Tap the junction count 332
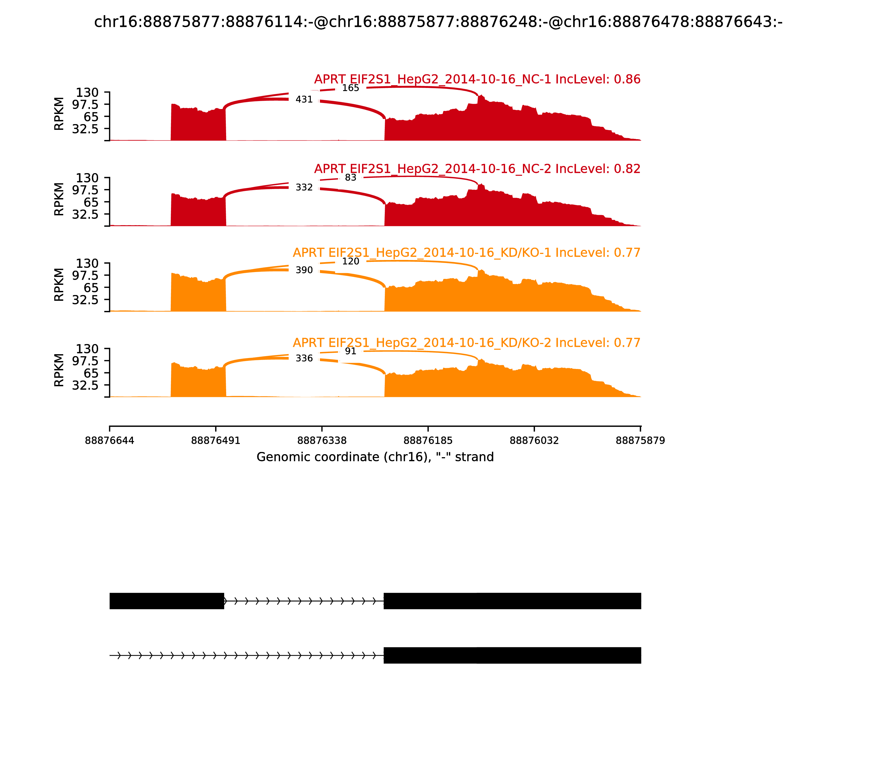pyautogui.click(x=304, y=187)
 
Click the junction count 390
pyautogui.click(x=304, y=270)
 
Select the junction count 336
pyautogui.click(x=304, y=358)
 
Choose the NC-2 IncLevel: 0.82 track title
pyautogui.click(x=477, y=169)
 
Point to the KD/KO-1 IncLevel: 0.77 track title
pyautogui.click(x=466, y=253)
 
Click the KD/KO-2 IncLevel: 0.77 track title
pyautogui.click(x=466, y=343)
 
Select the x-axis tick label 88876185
pyautogui.click(x=428, y=441)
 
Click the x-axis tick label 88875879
pyautogui.click(x=640, y=441)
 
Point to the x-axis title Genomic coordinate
pyautogui.click(x=375, y=457)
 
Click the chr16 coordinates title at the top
pyautogui.click(x=438, y=22)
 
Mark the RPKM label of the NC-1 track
pyautogui.click(x=59, y=114)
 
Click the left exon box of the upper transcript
pyautogui.click(x=167, y=601)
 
